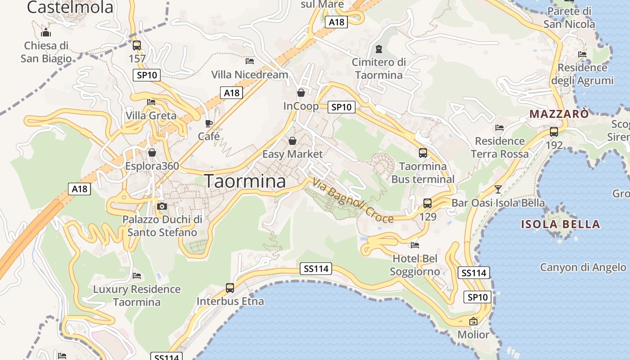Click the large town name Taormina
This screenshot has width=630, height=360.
click(245, 181)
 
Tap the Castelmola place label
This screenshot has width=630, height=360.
click(70, 7)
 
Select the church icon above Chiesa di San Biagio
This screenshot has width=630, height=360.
click(45, 32)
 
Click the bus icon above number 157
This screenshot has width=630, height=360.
click(137, 45)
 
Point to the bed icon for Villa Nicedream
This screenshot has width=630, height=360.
click(250, 61)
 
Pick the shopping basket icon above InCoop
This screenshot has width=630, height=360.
click(301, 93)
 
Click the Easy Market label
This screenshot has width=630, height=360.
click(292, 154)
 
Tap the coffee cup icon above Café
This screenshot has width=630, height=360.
click(209, 123)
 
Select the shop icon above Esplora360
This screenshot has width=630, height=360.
click(152, 153)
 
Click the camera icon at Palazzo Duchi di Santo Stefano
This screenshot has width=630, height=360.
click(162, 207)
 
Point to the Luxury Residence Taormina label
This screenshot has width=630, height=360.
click(137, 295)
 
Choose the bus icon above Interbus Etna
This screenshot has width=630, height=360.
click(230, 288)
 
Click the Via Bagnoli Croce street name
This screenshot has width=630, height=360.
click(353, 201)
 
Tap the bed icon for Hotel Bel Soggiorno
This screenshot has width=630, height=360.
click(415, 245)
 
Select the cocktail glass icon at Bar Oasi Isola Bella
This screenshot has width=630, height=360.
click(498, 189)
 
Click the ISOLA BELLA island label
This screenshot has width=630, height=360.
click(560, 224)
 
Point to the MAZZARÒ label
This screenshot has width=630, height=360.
click(558, 114)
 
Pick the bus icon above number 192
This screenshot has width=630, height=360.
click(554, 132)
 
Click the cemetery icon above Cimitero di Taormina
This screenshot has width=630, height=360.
click(378, 49)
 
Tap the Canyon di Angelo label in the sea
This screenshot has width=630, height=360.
click(583, 267)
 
